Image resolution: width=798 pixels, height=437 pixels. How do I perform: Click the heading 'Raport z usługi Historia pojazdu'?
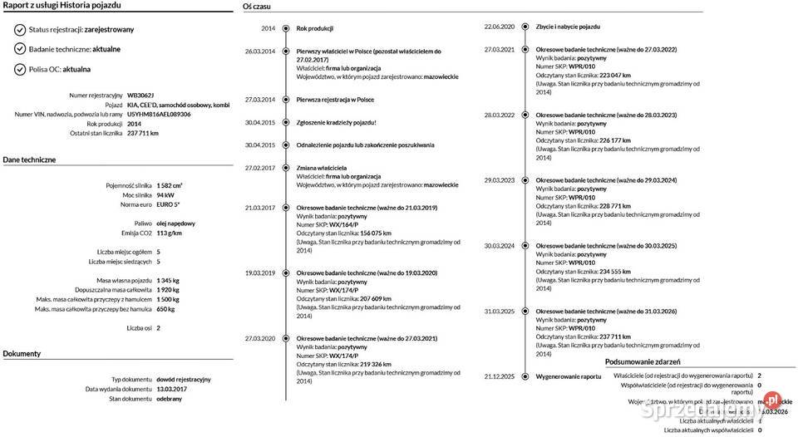click(x=62, y=6)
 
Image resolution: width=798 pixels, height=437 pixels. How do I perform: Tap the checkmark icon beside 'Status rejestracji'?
click(x=20, y=29)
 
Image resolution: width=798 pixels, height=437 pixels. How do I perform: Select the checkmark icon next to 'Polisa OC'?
click(x=20, y=69)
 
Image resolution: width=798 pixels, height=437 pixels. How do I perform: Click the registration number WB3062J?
click(x=140, y=96)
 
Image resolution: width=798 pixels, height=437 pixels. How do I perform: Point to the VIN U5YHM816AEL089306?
click(x=159, y=114)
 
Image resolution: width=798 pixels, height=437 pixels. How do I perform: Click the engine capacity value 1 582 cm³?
click(x=170, y=185)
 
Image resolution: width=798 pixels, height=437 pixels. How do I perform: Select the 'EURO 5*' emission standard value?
click(x=168, y=204)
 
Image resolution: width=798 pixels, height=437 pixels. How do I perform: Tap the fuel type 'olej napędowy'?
click(x=175, y=223)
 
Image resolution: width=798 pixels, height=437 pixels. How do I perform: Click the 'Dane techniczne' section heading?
click(x=29, y=159)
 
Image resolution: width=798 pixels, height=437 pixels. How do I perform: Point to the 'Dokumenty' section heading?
click(x=22, y=353)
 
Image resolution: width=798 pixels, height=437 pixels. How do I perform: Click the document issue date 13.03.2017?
click(x=171, y=389)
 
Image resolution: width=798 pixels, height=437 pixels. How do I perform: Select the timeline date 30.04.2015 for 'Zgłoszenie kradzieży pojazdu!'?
click(x=259, y=122)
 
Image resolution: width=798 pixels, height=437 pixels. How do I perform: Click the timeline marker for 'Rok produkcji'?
click(x=285, y=28)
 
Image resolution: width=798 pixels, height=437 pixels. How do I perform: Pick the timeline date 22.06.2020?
click(x=500, y=27)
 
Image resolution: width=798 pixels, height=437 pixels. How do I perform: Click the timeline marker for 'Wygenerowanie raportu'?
click(x=525, y=376)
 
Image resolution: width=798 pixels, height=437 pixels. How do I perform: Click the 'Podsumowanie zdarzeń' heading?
click(x=643, y=362)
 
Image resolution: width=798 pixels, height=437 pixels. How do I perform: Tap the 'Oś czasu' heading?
click(x=256, y=6)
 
